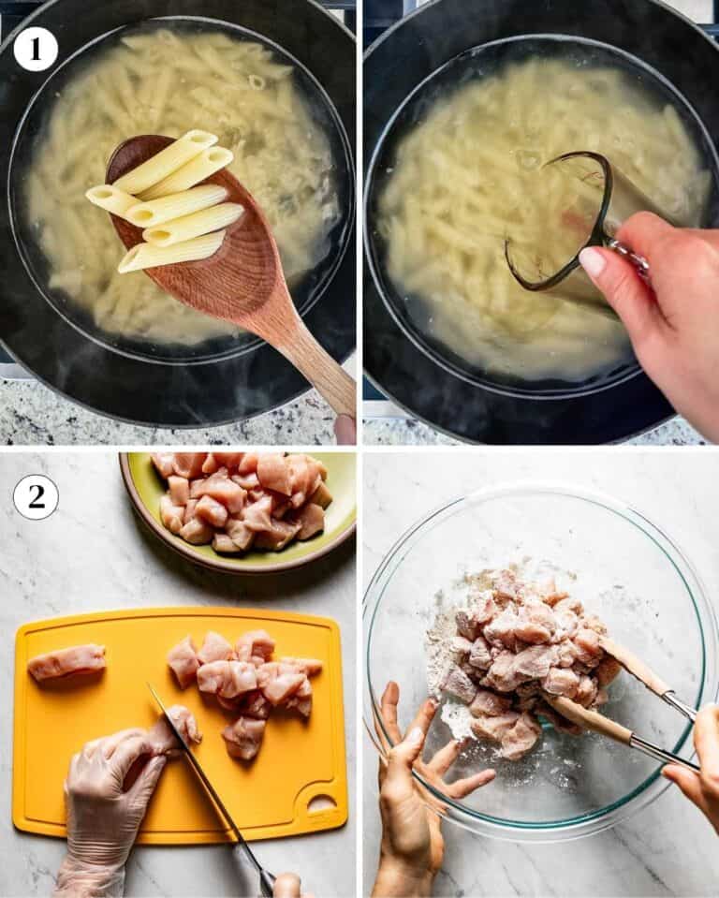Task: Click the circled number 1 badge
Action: [36, 50]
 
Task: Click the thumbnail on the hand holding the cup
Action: [593, 261]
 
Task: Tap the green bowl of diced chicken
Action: [238, 509]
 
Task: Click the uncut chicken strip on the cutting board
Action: [67, 661]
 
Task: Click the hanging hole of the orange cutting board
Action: [322, 802]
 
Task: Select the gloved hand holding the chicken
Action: [114, 802]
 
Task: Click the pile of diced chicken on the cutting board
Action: [246, 687]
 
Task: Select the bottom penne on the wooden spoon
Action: [171, 251]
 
